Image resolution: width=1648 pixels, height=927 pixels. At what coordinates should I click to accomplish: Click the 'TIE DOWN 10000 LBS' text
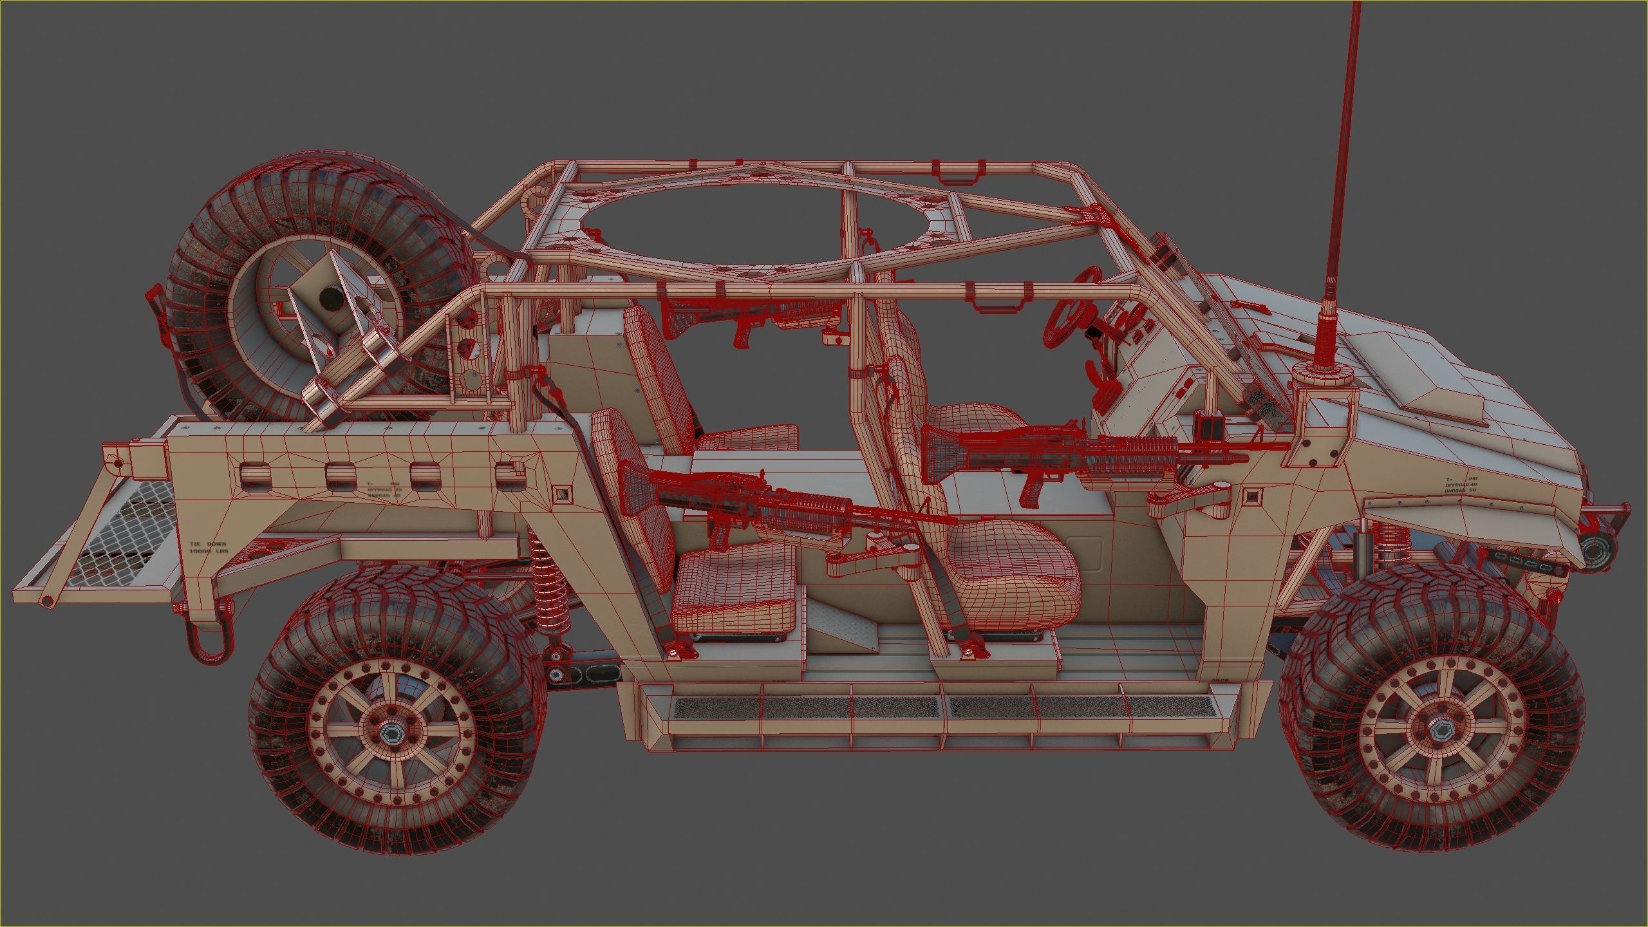click(208, 548)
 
